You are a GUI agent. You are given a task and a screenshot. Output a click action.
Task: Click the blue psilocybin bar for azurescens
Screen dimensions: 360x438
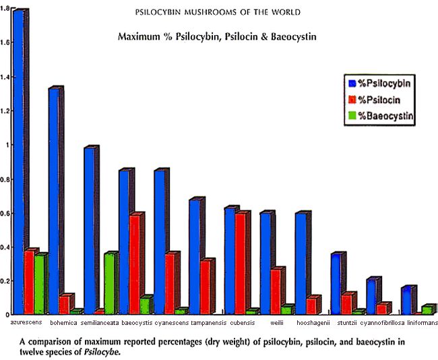(18, 162)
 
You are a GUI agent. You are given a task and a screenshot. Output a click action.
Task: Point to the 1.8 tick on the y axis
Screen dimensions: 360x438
(6, 9)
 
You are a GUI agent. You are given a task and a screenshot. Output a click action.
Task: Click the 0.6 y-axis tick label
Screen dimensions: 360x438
(6, 214)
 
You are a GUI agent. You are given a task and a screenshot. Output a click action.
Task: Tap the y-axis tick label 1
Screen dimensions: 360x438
(8, 145)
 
